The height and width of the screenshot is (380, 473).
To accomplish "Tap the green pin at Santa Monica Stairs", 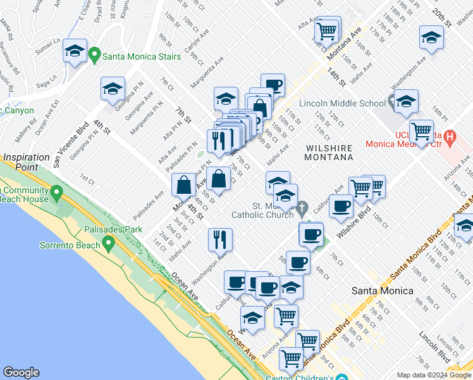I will [x=95, y=56].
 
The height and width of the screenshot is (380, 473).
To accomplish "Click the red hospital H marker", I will [x=450, y=136].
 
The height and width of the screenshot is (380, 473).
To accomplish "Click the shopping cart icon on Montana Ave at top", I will [x=328, y=30].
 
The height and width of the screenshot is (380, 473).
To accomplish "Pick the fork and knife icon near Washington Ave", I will [x=220, y=239].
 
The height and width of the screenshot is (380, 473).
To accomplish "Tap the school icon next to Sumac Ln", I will [x=75, y=51].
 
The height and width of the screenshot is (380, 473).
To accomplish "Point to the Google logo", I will [x=21, y=372].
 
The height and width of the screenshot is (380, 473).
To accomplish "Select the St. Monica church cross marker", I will [x=303, y=207].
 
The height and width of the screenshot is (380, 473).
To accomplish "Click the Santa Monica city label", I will [x=382, y=291].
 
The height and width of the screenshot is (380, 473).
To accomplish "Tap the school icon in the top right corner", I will [x=431, y=38].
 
